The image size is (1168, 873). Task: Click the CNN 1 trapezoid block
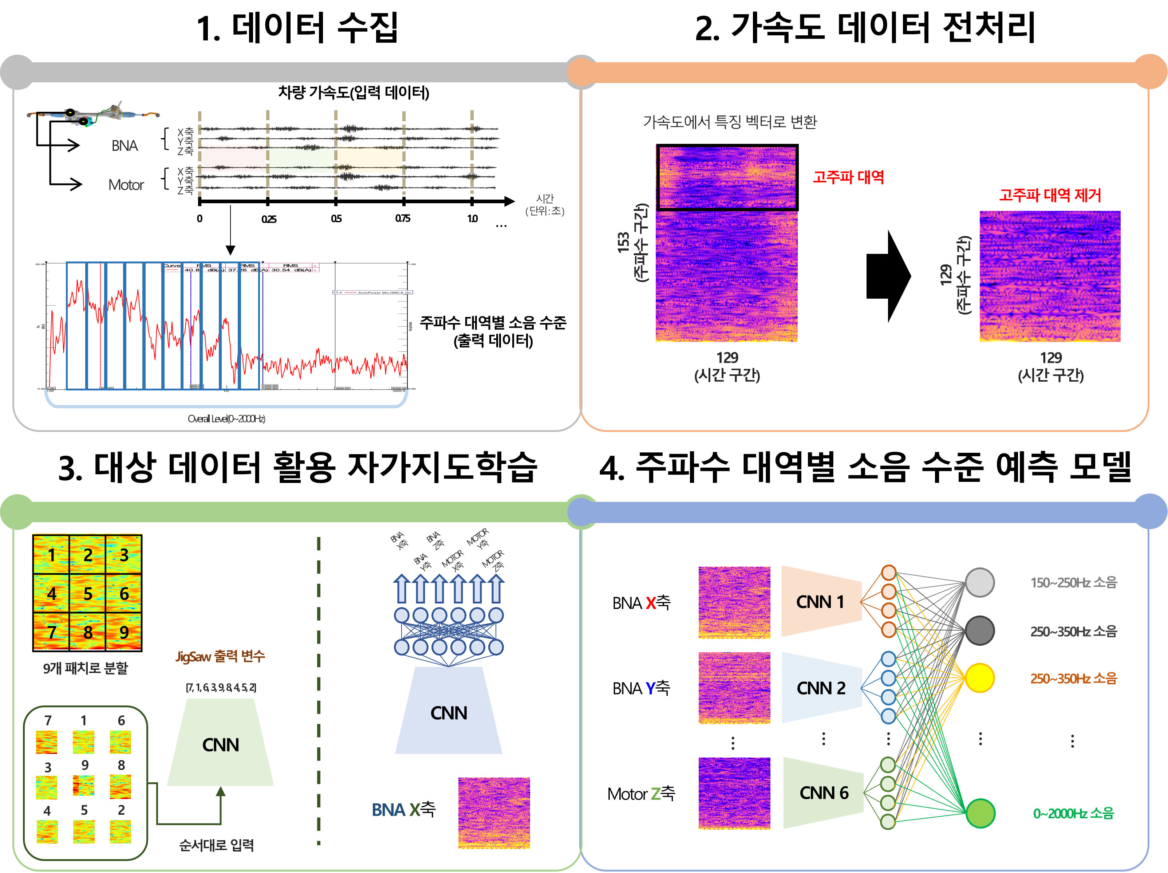click(821, 602)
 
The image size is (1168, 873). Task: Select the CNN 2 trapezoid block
click(821, 688)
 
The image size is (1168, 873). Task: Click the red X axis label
click(651, 603)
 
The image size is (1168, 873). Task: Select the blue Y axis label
click(651, 688)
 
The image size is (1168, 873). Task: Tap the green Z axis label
click(655, 793)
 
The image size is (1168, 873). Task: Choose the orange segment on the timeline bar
click(369, 157)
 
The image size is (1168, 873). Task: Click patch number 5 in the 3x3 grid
click(88, 593)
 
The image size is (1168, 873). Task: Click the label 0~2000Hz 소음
click(1073, 813)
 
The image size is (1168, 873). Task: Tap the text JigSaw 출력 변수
click(220, 656)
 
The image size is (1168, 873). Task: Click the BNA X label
click(395, 810)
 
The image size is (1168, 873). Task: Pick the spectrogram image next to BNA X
click(494, 813)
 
